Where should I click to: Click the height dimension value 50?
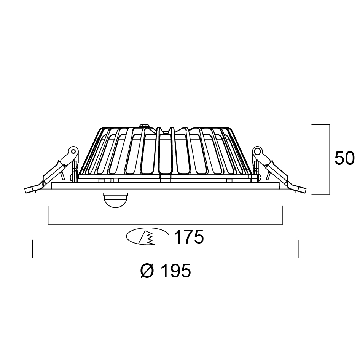[344, 158]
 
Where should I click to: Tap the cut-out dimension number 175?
[189, 237]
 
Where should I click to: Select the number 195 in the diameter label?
[175, 271]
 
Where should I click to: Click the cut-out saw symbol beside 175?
[147, 237]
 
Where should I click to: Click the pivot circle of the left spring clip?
[72, 151]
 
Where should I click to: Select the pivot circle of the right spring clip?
[258, 151]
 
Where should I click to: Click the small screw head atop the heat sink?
[144, 126]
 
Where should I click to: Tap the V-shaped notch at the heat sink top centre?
[166, 129]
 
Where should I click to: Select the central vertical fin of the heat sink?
[165, 152]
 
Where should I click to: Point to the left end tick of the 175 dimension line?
[48, 215]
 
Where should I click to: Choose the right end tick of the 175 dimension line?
[283, 215]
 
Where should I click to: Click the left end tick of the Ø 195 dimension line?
[33, 249]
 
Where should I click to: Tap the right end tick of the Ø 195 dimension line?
[298, 249]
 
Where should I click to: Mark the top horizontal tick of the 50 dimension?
[320, 124]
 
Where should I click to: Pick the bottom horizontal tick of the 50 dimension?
[320, 194]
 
